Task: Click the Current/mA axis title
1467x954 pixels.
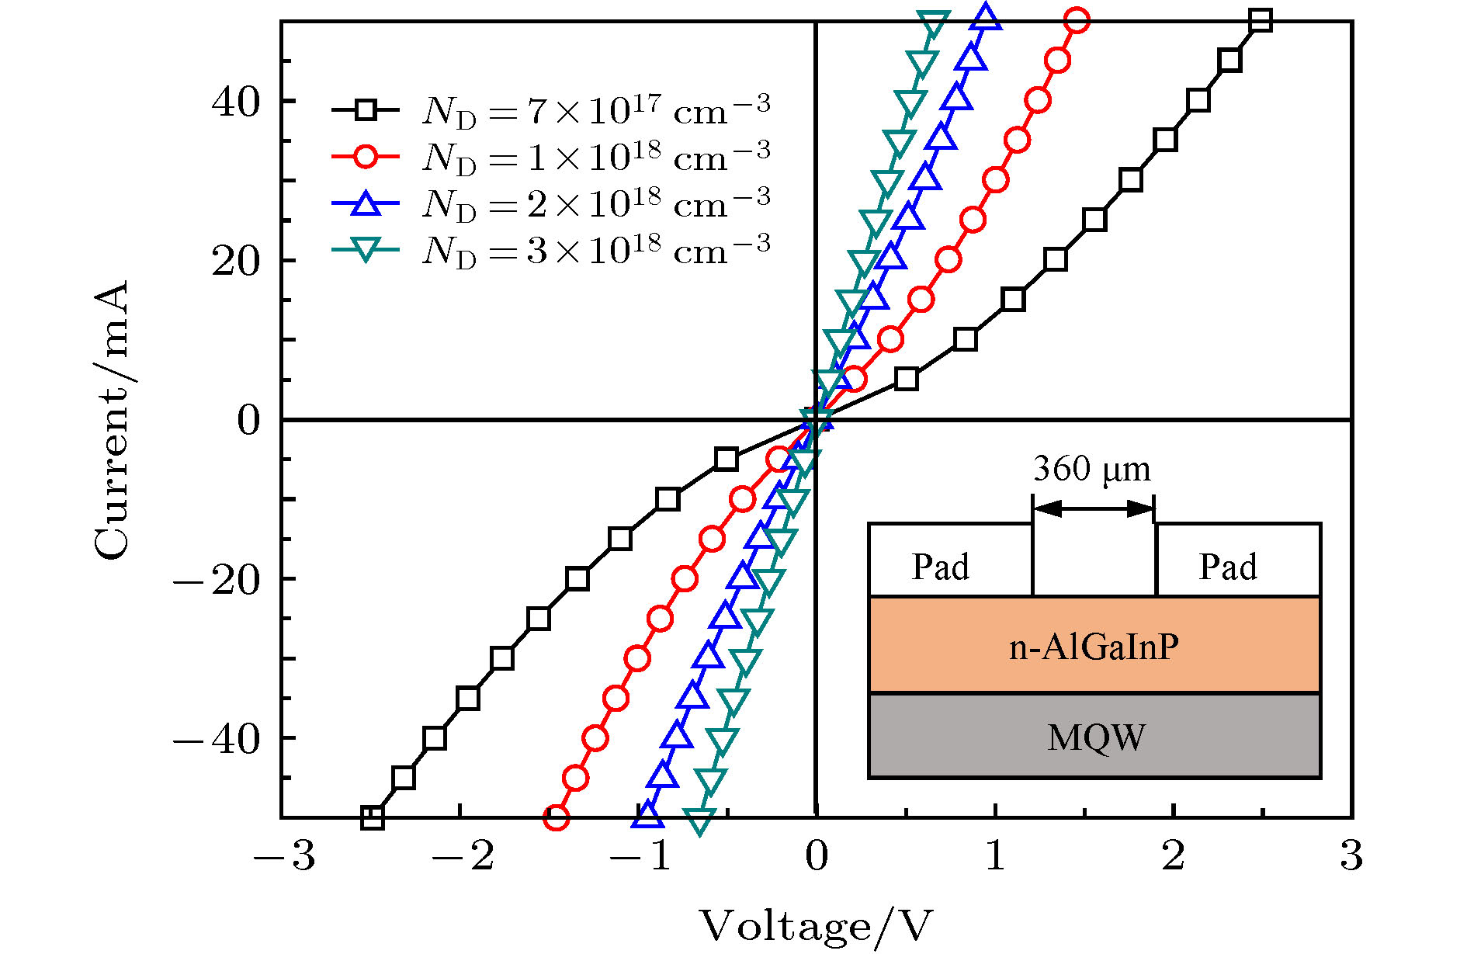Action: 110,419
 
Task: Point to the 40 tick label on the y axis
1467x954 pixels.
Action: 236,102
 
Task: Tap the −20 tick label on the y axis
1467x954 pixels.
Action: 217,579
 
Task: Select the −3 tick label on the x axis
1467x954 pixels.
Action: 284,856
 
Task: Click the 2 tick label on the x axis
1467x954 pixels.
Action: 1173,856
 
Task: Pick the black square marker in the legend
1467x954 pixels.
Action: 365,110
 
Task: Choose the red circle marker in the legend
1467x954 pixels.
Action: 365,157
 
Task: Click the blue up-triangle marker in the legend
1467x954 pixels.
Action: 365,203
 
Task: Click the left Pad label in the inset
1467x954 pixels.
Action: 940,567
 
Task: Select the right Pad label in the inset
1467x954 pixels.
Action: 1228,567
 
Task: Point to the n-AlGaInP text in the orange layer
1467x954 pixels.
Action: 1094,647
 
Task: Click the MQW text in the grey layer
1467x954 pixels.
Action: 1095,737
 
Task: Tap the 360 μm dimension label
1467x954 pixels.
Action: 1091,469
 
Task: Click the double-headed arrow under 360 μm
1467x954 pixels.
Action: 1094,509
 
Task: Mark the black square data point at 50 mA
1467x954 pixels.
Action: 1261,21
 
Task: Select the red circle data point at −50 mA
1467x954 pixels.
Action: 556,817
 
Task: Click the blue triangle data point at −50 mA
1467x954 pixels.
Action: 647,815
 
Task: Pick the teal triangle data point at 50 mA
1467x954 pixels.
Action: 933,23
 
